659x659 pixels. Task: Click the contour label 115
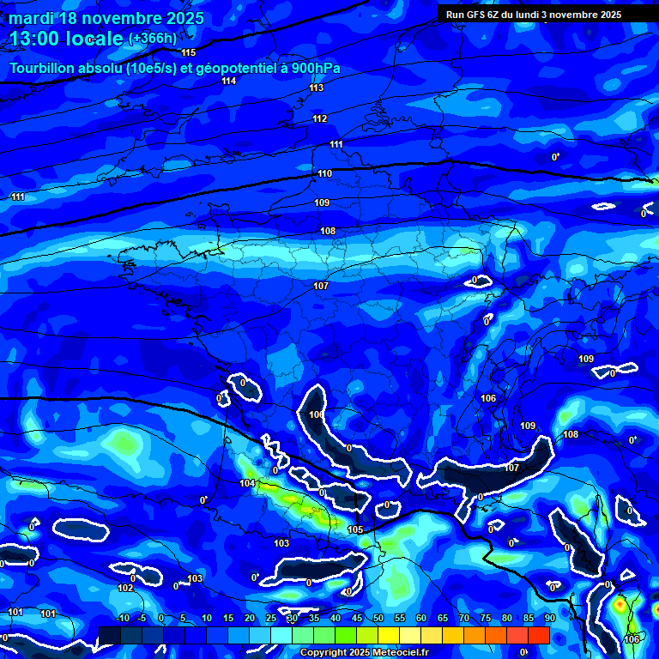coord(188,53)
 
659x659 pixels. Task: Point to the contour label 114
coord(228,81)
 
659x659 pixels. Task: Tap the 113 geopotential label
coord(317,88)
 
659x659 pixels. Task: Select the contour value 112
coord(320,118)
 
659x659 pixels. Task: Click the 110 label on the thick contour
coord(324,174)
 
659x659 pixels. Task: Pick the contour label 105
coord(355,529)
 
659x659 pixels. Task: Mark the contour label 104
coord(247,484)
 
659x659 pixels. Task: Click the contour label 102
coord(125,588)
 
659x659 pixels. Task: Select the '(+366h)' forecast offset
coord(152,39)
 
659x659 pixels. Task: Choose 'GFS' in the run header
coord(478,15)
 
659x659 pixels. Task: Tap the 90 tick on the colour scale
coord(548,618)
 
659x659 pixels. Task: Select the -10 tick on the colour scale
coord(122,618)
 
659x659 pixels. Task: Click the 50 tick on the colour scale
coord(378,618)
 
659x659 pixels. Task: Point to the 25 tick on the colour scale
coord(270,618)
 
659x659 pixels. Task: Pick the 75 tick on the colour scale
coord(485,618)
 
